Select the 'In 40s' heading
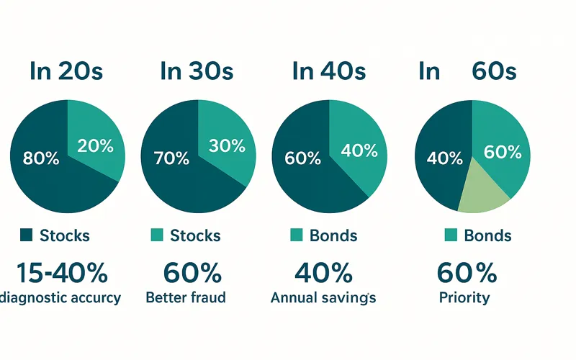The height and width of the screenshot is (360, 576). [x=330, y=71]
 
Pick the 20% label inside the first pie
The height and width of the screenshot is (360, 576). [x=95, y=145]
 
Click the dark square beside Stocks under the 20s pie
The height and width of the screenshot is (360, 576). [x=27, y=235]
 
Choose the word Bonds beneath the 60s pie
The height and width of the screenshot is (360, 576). [x=487, y=235]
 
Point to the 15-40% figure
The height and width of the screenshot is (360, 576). [x=61, y=274]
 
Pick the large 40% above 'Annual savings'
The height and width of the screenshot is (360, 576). [x=323, y=274]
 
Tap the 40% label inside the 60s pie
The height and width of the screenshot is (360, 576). [x=444, y=158]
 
